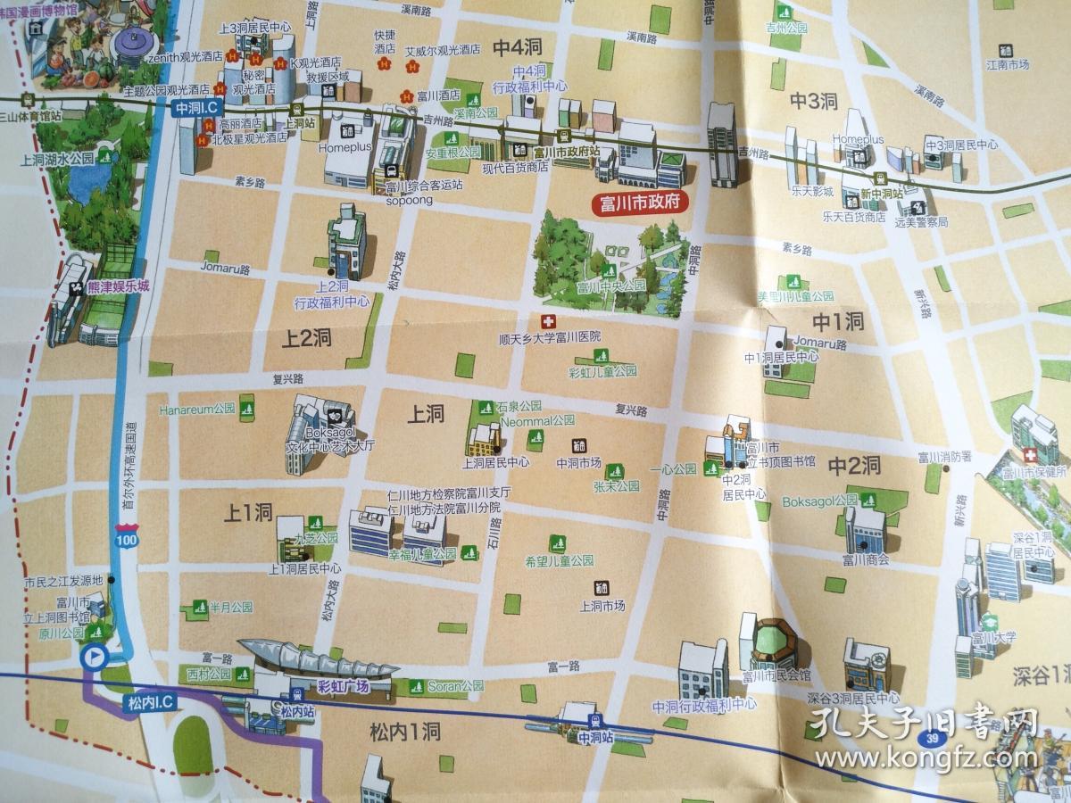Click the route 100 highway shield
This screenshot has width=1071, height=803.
point(127,541)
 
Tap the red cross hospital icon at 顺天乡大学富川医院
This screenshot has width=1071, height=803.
point(545,321)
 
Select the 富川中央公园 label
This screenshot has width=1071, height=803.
point(610,287)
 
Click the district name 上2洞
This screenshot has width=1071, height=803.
point(308,338)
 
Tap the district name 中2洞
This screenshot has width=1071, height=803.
point(854,465)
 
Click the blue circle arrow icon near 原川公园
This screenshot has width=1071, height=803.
point(94,658)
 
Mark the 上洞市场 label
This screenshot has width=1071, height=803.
point(602,607)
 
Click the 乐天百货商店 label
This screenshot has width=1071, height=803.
point(854,216)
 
